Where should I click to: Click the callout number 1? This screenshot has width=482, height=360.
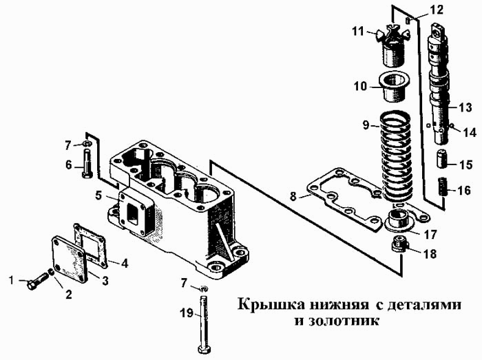(11, 279)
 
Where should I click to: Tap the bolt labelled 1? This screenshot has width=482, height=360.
(38, 281)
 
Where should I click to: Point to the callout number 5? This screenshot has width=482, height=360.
(99, 195)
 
